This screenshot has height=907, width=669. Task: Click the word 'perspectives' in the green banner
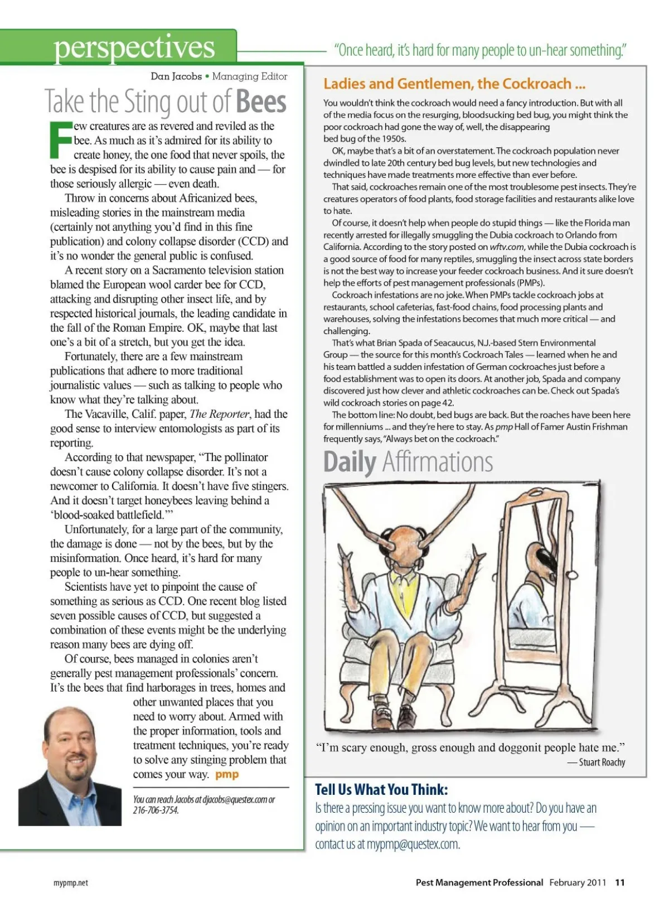(x=134, y=47)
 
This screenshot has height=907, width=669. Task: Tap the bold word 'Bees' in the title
(x=261, y=102)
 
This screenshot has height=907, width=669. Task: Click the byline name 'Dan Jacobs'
(x=176, y=76)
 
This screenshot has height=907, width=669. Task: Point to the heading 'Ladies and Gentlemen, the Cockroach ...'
(x=454, y=84)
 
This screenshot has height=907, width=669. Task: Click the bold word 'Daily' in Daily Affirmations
(x=350, y=462)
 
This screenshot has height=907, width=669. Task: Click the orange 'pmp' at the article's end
(x=227, y=774)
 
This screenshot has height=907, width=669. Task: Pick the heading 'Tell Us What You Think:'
(x=381, y=789)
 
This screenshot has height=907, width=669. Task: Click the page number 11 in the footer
(x=620, y=882)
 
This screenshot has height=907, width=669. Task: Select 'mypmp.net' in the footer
(x=71, y=883)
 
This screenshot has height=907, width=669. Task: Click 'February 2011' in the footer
(x=578, y=882)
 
